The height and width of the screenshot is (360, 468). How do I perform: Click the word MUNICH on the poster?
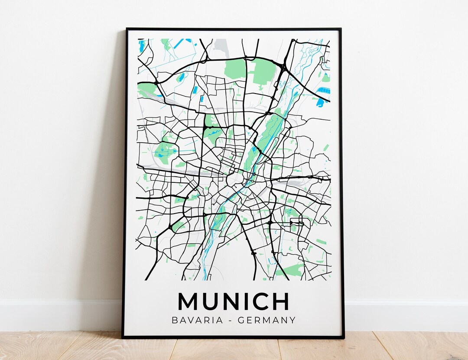pyautogui.click(x=233, y=301)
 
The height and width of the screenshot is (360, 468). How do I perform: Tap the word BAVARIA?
pyautogui.click(x=195, y=321)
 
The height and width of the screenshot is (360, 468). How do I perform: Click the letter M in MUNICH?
pyautogui.click(x=187, y=301)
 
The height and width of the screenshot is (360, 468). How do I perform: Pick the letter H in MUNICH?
pyautogui.click(x=281, y=301)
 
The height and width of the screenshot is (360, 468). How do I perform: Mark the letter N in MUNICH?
pyautogui.click(x=229, y=301)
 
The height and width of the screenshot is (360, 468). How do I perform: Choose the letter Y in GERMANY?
pyautogui.click(x=292, y=321)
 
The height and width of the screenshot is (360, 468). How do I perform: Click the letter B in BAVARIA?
pyautogui.click(x=175, y=321)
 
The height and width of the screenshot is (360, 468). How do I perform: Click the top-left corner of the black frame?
pyautogui.click(x=127, y=29)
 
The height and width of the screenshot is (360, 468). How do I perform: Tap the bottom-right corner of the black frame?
pyautogui.click(x=343, y=337)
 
